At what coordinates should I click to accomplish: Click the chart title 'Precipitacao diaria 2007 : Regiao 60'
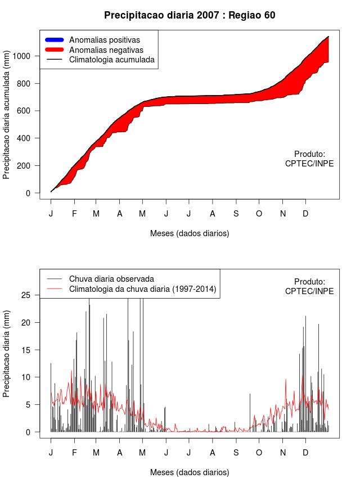(x=190, y=15)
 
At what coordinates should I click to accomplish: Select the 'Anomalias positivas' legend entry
(x=104, y=40)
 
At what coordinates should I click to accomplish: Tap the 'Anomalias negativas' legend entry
(x=106, y=49)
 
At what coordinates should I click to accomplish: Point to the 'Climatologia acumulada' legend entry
(x=111, y=59)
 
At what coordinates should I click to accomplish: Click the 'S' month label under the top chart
(x=236, y=214)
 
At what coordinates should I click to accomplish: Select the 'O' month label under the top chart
(x=259, y=214)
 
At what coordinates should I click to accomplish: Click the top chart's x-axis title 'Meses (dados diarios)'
(x=190, y=233)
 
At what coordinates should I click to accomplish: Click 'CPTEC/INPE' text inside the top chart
(x=309, y=164)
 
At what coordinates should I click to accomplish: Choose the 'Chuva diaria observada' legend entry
(x=111, y=279)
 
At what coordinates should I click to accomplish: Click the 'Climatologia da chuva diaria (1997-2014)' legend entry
(x=142, y=289)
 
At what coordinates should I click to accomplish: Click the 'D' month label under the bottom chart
(x=305, y=453)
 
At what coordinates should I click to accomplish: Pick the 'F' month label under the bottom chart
(x=74, y=453)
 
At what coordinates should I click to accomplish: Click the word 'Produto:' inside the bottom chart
(x=309, y=281)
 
